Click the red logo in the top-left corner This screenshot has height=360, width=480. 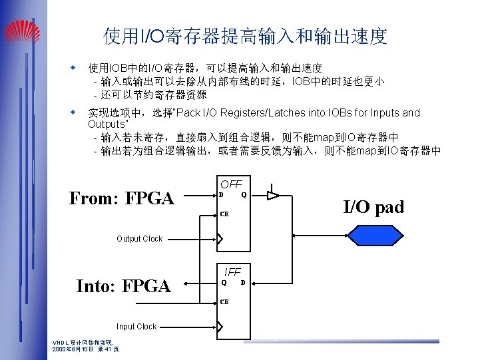[21, 30]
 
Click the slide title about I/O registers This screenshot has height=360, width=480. [245, 36]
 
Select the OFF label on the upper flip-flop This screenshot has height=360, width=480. [231, 184]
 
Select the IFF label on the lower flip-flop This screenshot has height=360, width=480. [232, 272]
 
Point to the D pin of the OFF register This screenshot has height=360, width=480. [222, 195]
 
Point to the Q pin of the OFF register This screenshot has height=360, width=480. [244, 195]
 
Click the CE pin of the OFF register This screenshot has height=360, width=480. [224, 214]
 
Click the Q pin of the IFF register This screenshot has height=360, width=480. [224, 282]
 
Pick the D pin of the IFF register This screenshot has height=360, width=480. [243, 282]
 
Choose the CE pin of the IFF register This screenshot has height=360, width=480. [224, 301]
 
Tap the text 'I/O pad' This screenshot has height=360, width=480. [373, 207]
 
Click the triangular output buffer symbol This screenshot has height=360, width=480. [272, 196]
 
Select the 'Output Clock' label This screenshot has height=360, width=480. [139, 239]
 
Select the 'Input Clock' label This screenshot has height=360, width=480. [136, 327]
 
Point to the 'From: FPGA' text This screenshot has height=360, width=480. [121, 198]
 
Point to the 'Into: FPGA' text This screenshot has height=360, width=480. [123, 286]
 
